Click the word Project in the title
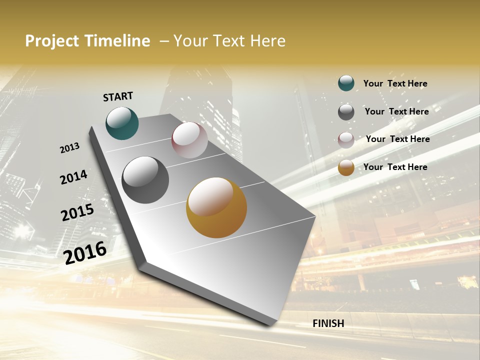(51, 41)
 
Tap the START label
(118, 96)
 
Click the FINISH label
(328, 323)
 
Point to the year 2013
(70, 148)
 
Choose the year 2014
(73, 177)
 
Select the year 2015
(77, 212)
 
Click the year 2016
(85, 253)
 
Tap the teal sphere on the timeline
(122, 123)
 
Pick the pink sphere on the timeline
(189, 140)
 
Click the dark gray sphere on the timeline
(145, 180)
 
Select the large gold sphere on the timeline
(216, 207)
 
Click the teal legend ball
(346, 83)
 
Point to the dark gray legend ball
(346, 112)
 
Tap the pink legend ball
(346, 140)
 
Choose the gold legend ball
(346, 167)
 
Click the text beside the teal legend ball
(395, 83)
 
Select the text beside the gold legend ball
(395, 167)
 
